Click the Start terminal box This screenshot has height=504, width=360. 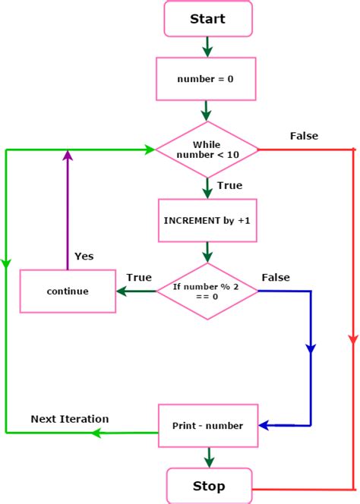click(207, 19)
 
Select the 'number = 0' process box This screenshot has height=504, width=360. click(207, 78)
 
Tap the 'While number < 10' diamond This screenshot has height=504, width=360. click(207, 150)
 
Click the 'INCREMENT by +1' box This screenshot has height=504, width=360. click(207, 220)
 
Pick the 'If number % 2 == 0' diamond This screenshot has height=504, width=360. click(207, 291)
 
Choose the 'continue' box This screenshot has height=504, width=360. click(68, 291)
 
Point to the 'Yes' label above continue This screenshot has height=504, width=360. click(84, 256)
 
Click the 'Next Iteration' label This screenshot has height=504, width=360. click(69, 419)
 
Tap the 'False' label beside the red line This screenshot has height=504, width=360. click(304, 136)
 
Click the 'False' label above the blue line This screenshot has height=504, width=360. click(275, 277)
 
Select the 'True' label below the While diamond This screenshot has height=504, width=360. click(229, 185)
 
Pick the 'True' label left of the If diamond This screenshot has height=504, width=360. click(139, 277)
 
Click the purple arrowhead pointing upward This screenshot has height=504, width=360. click(68, 156)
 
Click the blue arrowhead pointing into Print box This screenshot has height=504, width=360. click(266, 425)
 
